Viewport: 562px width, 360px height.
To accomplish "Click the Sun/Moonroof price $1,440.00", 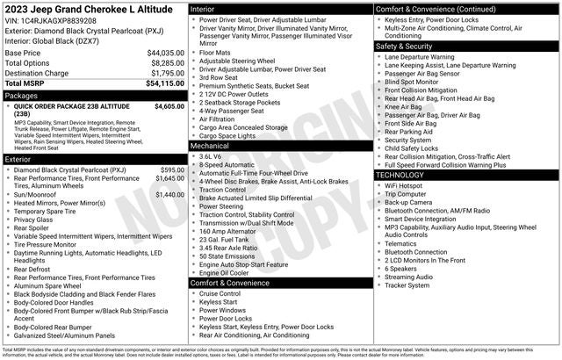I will pos(169,194).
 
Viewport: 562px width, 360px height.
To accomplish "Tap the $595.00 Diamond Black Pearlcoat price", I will pos(172,169).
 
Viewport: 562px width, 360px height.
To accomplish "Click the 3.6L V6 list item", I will pos(211,156).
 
